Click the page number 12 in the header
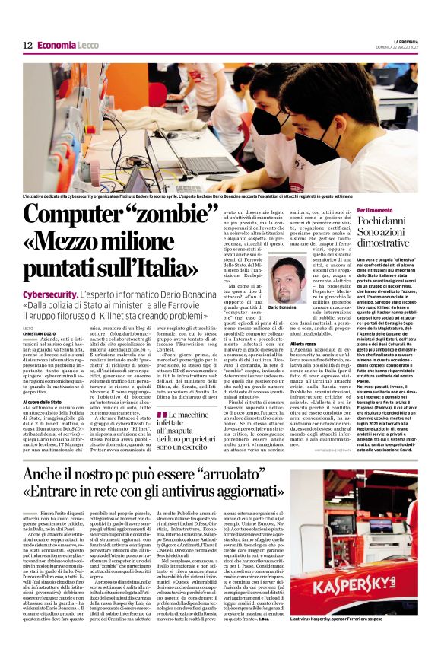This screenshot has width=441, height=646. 27,46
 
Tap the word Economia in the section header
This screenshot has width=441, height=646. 58,46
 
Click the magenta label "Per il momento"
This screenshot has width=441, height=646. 368,210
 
